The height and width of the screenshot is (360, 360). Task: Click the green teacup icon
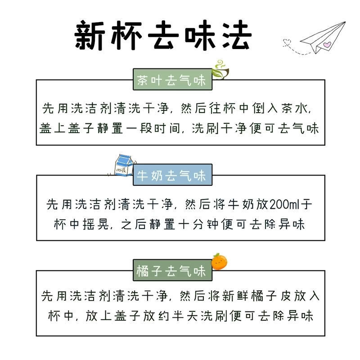220,68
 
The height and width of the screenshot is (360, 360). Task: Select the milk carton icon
122,165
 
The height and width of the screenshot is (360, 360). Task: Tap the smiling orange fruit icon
220,261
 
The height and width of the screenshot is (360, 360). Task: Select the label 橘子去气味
171,271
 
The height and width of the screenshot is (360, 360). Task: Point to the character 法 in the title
234,36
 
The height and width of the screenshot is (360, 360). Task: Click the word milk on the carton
121,170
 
